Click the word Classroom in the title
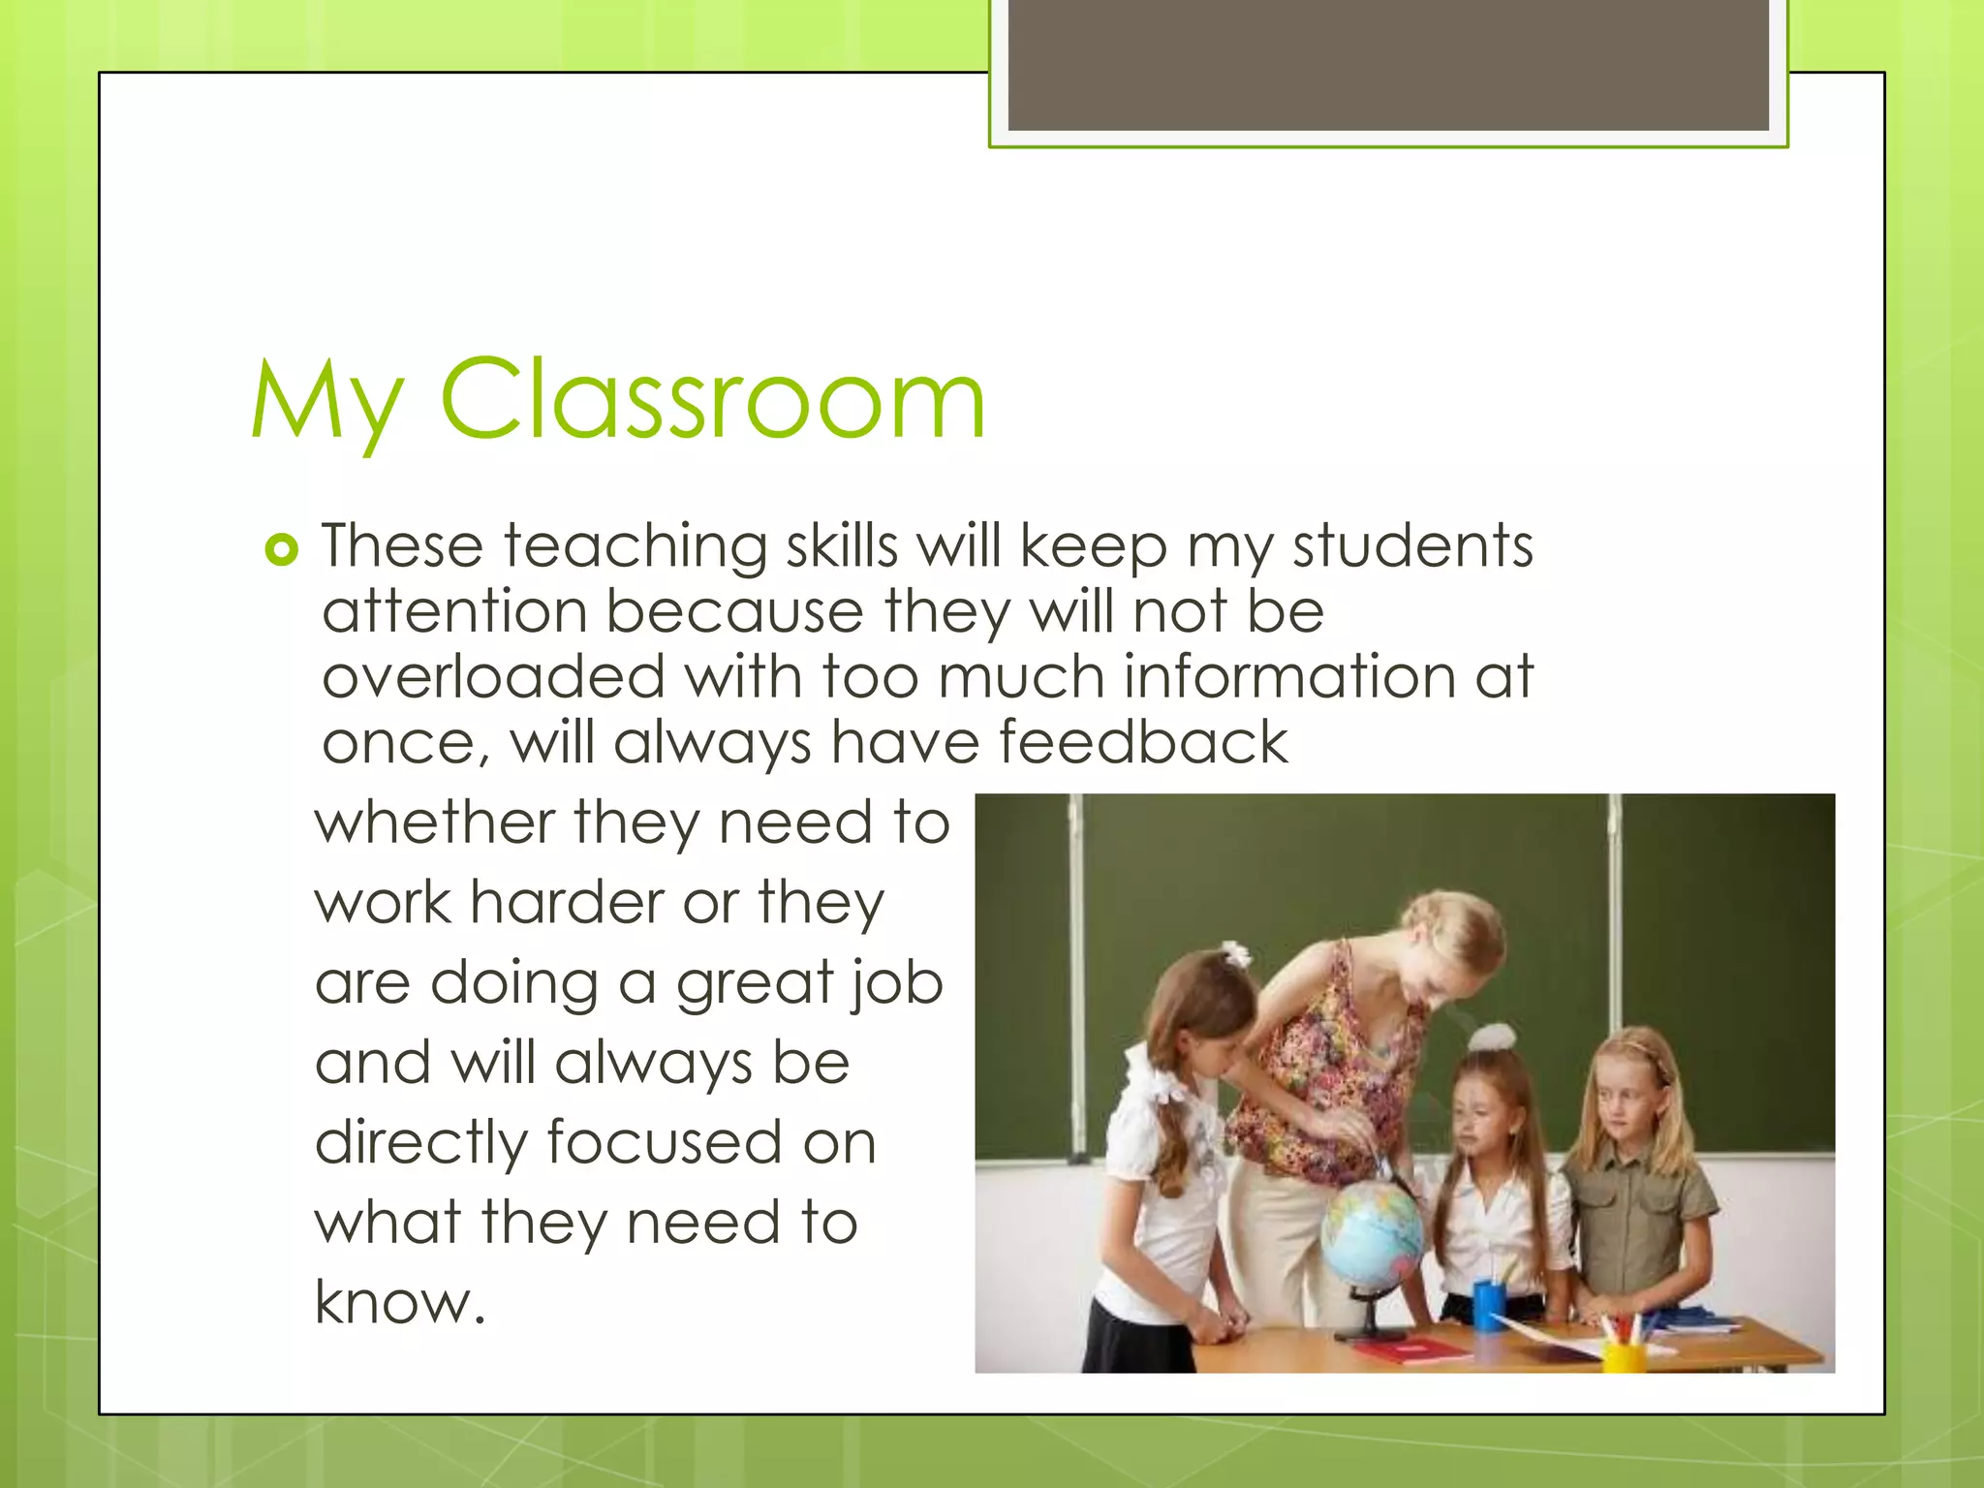713,399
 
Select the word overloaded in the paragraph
493,676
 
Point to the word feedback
1143,742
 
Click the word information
1288,676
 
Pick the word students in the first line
1412,545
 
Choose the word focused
664,1142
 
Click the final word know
398,1302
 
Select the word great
754,984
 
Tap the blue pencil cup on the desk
1489,1304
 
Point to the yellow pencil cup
1624,1353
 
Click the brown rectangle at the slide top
1388,65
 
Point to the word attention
454,612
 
